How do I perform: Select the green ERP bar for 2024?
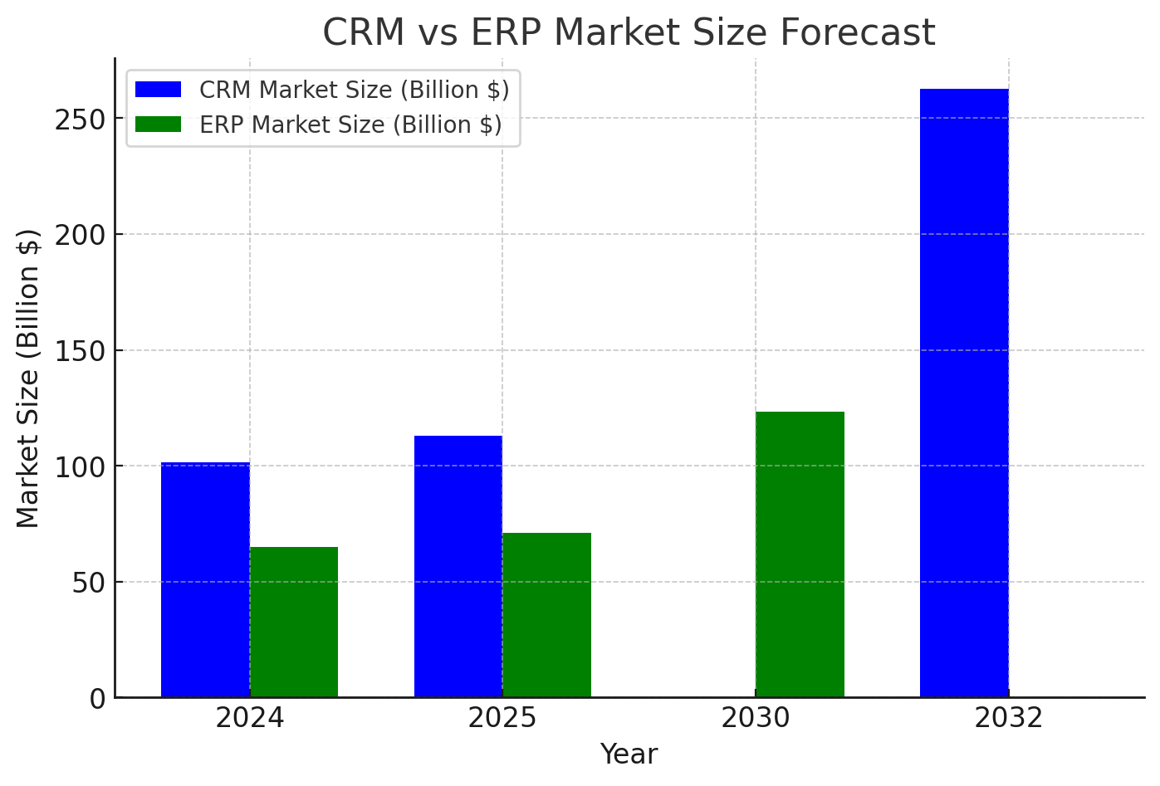click(x=294, y=622)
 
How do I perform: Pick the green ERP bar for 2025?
click(x=547, y=615)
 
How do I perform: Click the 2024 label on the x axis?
click(x=250, y=718)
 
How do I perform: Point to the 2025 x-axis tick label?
click(x=502, y=718)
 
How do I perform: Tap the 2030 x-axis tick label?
click(x=756, y=718)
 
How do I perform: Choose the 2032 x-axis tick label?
click(x=1008, y=718)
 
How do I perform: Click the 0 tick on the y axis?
click(x=97, y=699)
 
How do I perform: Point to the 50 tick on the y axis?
click(x=89, y=583)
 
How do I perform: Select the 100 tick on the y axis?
click(x=81, y=466)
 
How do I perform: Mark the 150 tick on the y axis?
click(x=81, y=351)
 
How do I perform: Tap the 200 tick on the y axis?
click(x=81, y=235)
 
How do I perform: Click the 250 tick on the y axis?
click(x=81, y=120)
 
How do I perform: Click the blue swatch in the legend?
click(x=158, y=90)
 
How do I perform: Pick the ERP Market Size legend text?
click(x=350, y=124)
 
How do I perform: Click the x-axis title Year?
click(x=629, y=754)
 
